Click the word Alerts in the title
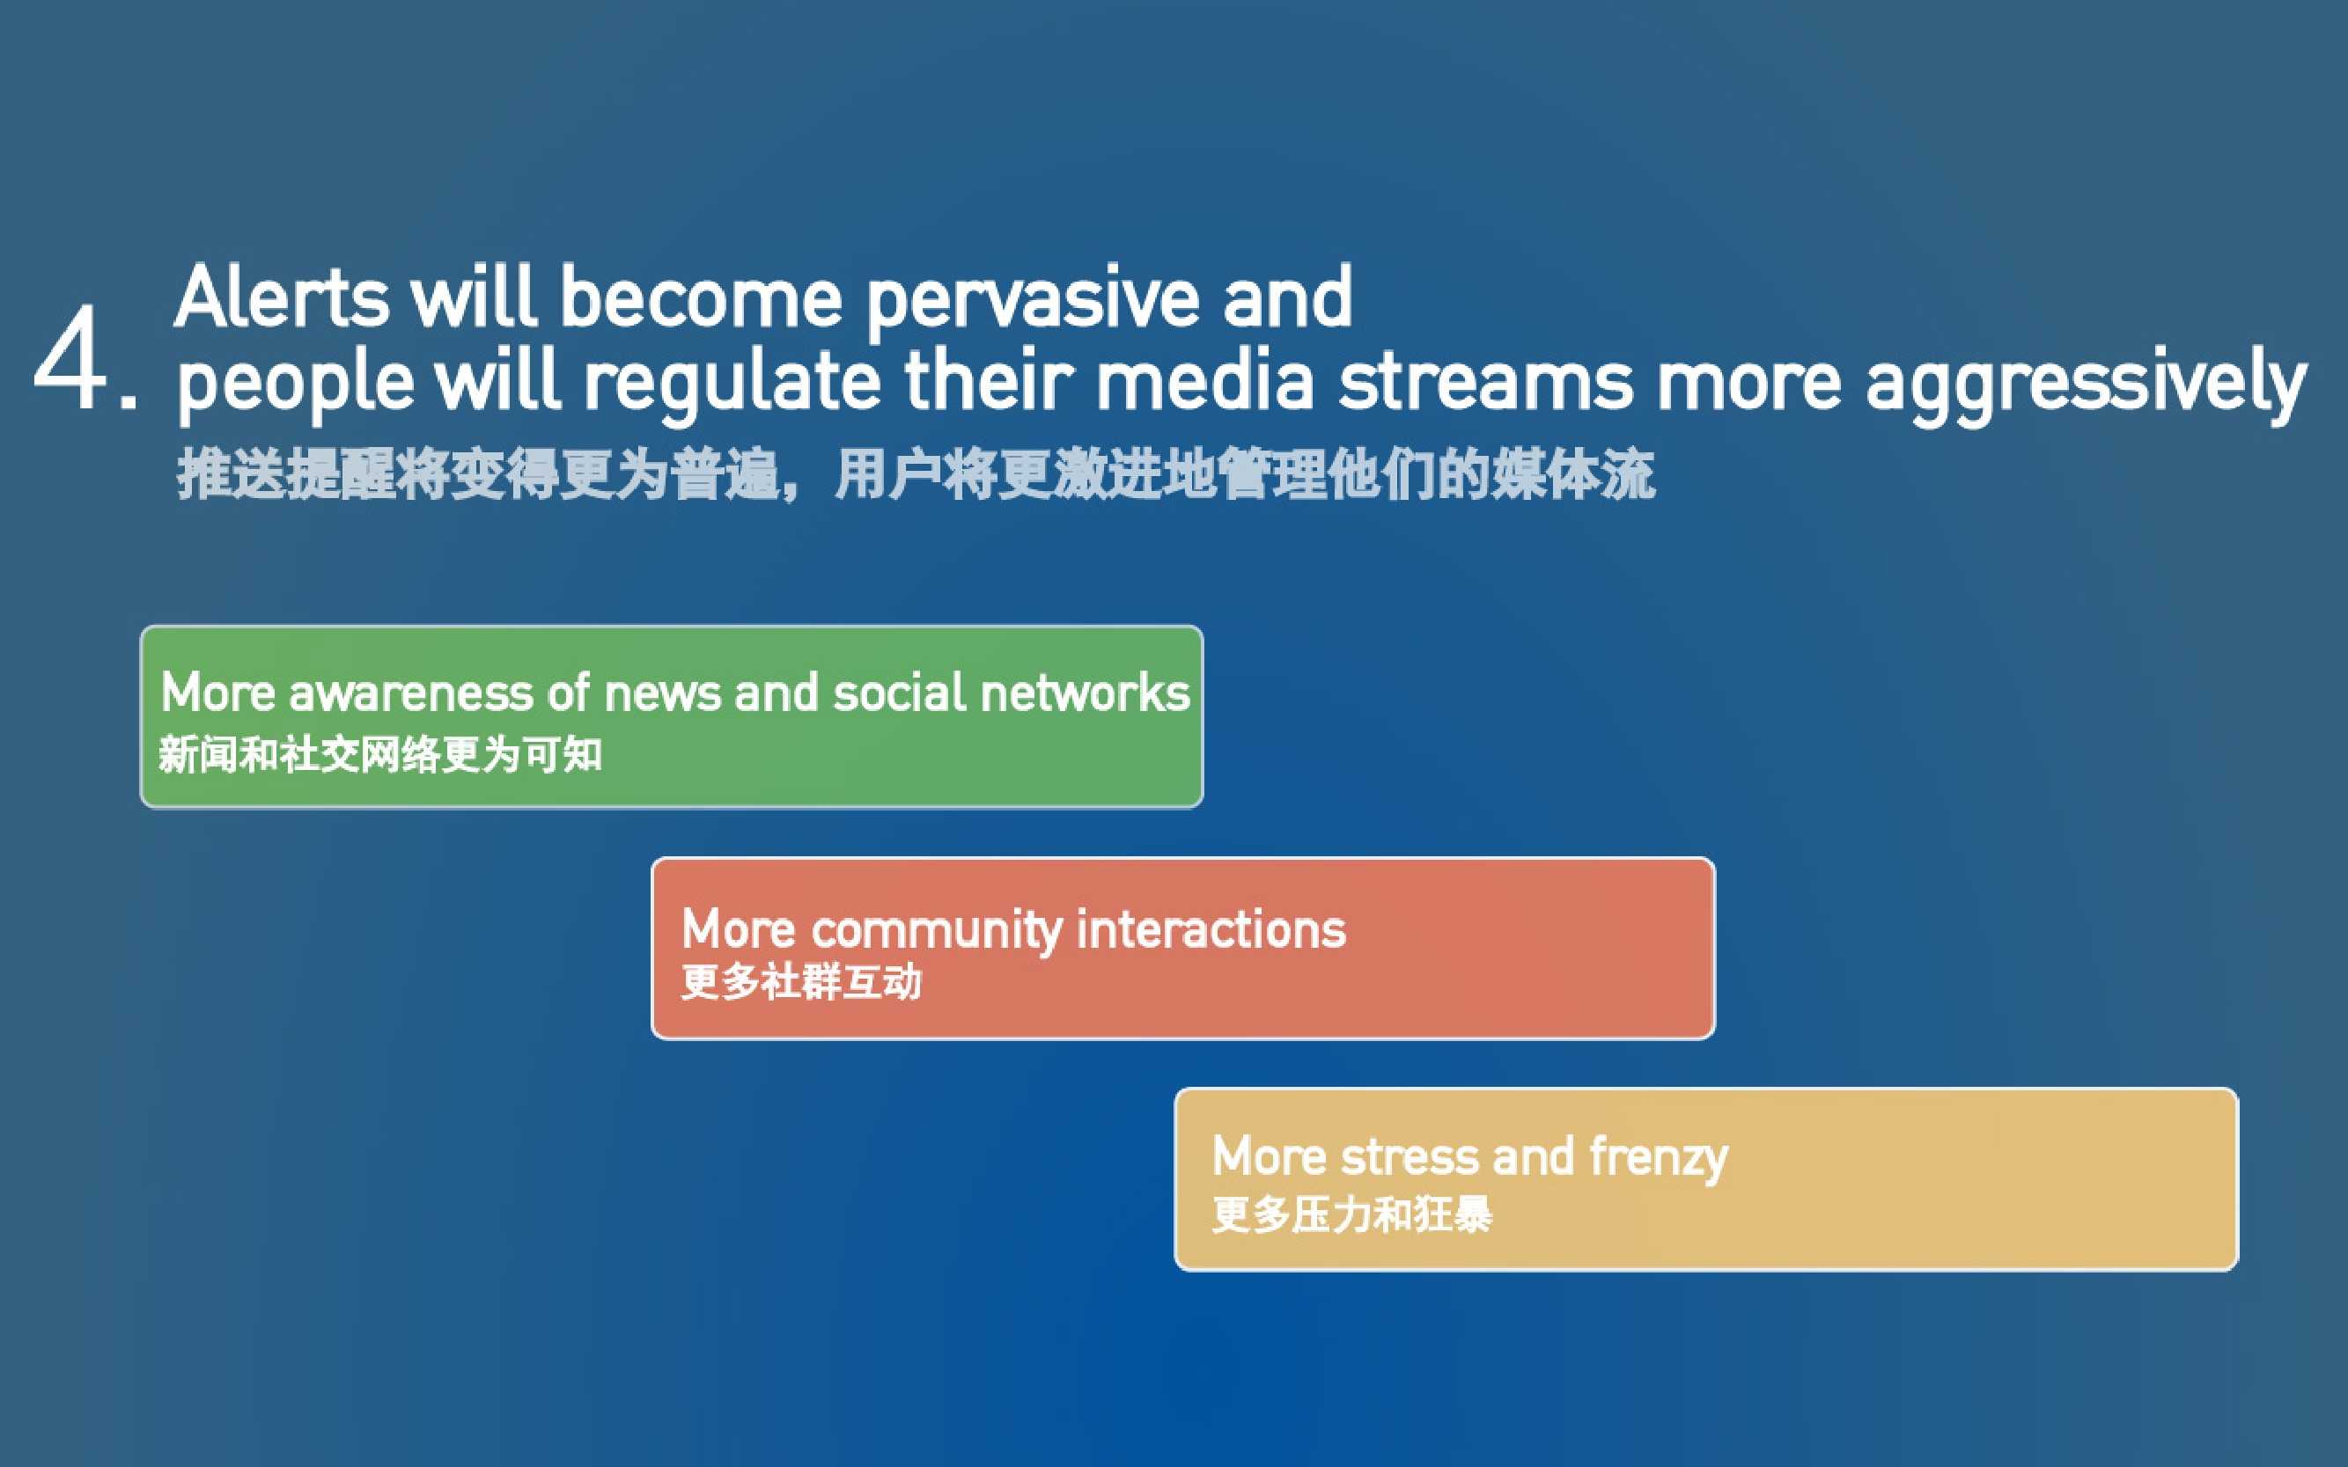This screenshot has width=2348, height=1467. coord(283,297)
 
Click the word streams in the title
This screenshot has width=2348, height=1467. coord(1485,381)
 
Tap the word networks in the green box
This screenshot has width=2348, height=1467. coord(1086,693)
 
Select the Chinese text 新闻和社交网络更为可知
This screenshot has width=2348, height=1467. coord(380,755)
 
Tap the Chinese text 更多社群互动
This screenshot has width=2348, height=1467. coord(802,982)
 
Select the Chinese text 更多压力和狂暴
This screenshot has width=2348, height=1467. coord(1352,1214)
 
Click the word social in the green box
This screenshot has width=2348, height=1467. coord(900,693)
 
